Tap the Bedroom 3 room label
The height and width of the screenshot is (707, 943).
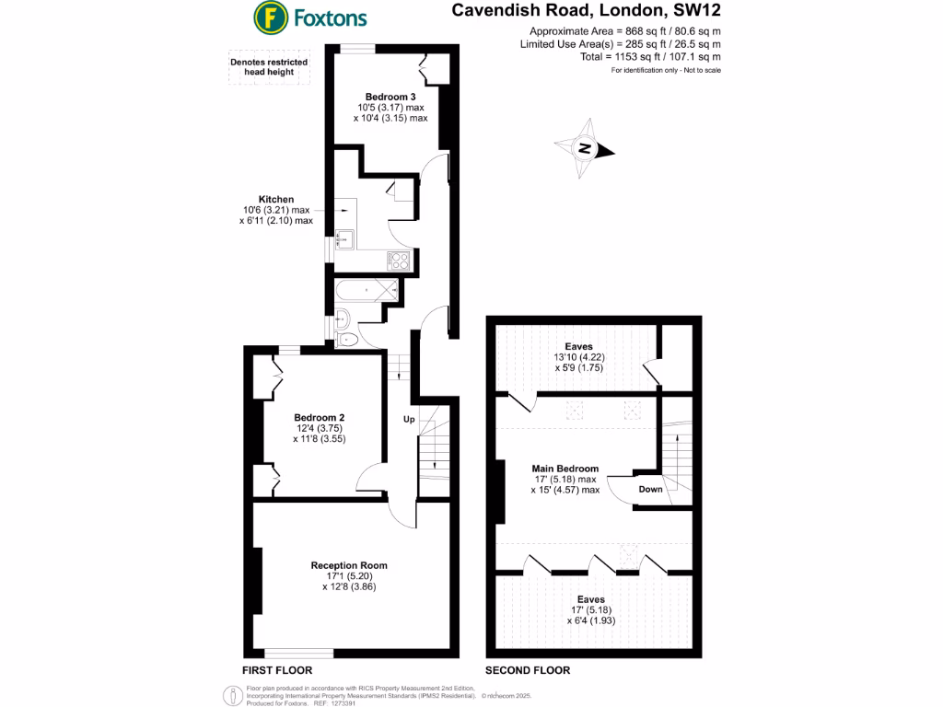pos(390,97)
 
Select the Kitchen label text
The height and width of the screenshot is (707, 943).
pos(275,199)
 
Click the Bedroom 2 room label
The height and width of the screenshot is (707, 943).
pos(319,416)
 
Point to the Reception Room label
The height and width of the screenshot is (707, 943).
pos(349,565)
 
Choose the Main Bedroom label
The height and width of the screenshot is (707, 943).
pos(565,468)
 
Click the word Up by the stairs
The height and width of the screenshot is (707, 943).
pos(410,419)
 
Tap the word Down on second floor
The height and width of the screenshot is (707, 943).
pos(650,489)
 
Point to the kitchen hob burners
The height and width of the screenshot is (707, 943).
pos(399,260)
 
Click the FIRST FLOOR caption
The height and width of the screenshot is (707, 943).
pos(277,670)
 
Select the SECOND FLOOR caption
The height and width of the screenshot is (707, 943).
pos(528,670)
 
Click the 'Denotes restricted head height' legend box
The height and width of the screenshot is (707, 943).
pos(269,68)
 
